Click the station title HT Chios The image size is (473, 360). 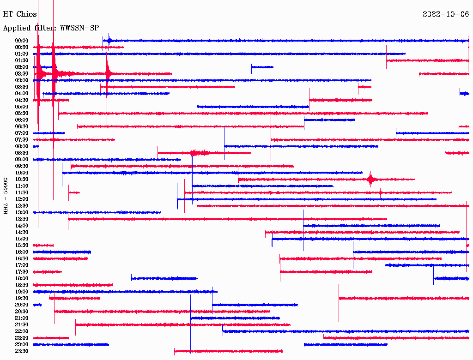20,14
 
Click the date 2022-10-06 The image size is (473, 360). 445,14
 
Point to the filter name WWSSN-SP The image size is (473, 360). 79,28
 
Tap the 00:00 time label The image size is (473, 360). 22,41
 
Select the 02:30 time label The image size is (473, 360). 22,73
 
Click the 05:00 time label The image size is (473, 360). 22,107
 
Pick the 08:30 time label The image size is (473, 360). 22,153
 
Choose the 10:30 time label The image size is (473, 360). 22,179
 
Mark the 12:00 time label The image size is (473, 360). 22,199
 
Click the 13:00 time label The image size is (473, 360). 22,212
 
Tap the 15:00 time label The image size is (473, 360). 22,239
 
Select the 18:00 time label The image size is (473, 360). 22,278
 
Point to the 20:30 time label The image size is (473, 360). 22,312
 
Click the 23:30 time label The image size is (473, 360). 22,351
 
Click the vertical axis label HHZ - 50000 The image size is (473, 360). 6,195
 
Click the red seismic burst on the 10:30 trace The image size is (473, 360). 370,179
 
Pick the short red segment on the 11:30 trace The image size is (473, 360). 74,192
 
